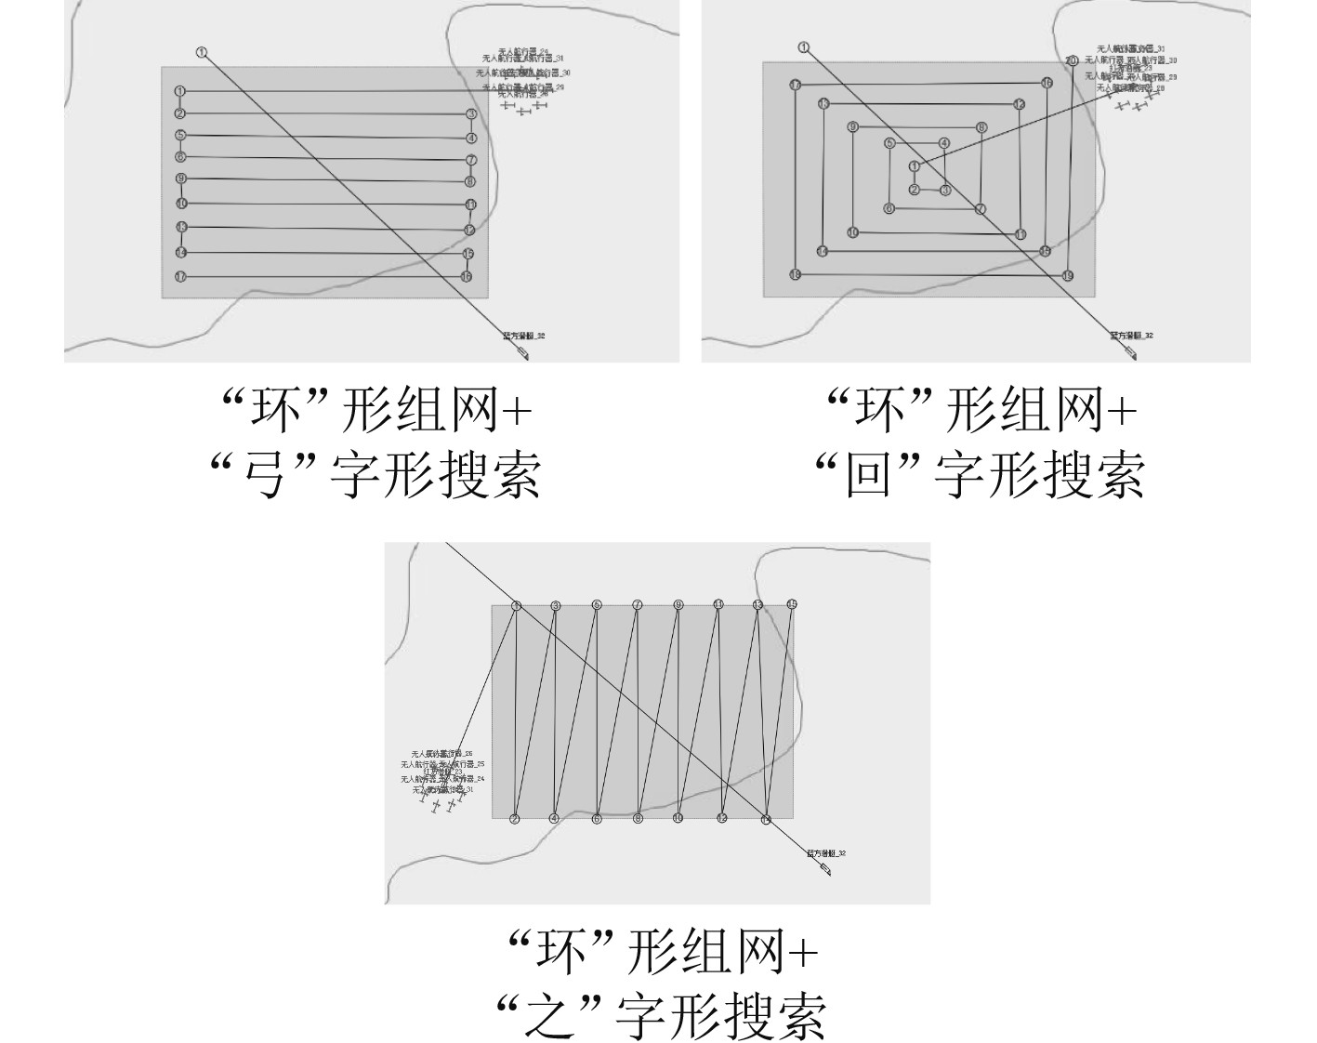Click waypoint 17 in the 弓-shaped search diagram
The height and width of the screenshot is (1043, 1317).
pos(180,277)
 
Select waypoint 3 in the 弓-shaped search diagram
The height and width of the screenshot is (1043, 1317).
pos(471,114)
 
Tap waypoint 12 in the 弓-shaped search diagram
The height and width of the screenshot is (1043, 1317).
pos(469,231)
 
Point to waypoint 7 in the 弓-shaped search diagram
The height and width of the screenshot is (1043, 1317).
pos(471,160)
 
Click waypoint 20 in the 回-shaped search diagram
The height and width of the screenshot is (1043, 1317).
pos(1072,60)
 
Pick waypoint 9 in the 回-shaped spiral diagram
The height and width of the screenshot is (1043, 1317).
pos(852,126)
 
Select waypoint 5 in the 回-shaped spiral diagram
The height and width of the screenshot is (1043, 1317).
pos(889,143)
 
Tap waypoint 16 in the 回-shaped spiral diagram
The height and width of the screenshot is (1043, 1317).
pos(1047,83)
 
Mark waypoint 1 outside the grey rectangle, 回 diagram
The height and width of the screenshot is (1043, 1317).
pos(804,47)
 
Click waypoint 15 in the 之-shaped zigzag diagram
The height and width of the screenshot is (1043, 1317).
pos(792,604)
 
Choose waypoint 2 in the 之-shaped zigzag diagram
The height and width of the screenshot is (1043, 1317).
pos(514,819)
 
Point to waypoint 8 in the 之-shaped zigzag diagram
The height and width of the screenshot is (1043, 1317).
pos(638,819)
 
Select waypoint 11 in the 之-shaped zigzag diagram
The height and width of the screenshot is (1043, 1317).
pos(718,604)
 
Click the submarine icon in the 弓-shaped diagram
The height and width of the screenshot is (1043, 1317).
pos(522,353)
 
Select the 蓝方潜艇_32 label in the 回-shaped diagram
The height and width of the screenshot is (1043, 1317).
pos(1131,336)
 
